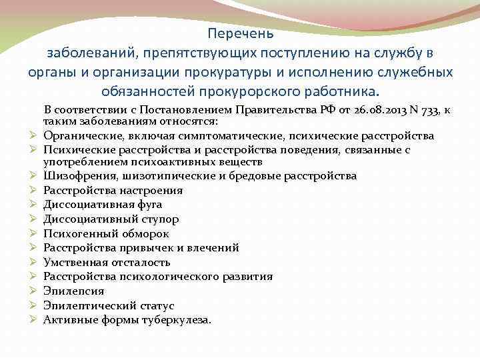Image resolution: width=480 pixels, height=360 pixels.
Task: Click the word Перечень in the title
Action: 240,33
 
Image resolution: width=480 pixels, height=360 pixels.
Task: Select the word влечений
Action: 216,248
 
